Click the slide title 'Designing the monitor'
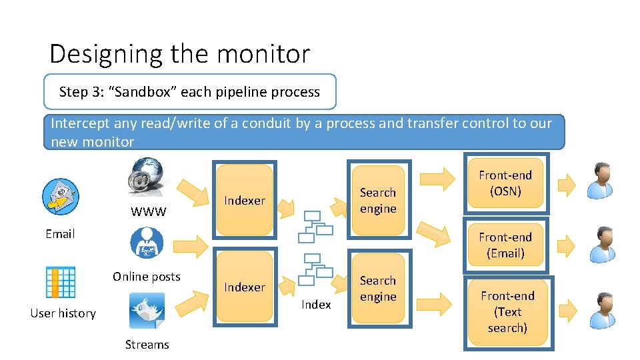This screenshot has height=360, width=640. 179,54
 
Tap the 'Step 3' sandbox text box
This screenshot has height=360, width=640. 189,92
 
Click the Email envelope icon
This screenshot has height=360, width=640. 60,197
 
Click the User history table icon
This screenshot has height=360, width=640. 61,282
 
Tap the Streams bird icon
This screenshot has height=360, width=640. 147,312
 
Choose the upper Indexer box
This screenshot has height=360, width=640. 245,200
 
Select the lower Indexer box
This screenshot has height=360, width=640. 245,287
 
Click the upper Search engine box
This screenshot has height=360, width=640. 378,200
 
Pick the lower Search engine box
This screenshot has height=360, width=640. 378,288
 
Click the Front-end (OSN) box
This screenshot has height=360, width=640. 505,183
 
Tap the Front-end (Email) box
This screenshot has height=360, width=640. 505,245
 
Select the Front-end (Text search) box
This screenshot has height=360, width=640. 507,311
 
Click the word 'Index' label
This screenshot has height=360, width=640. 316,305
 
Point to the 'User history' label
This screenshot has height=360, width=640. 63,313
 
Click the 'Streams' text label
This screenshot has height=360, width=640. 147,345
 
